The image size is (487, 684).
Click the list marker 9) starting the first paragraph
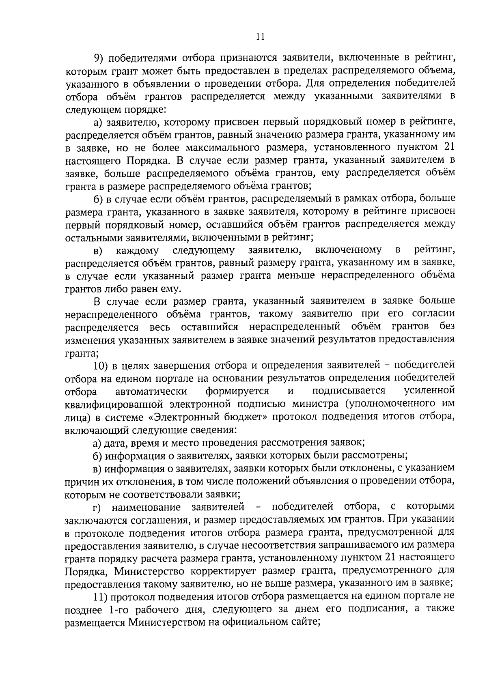click(99, 58)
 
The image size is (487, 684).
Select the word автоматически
click(151, 391)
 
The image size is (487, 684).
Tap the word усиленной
click(430, 391)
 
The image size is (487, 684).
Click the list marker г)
click(97, 507)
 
